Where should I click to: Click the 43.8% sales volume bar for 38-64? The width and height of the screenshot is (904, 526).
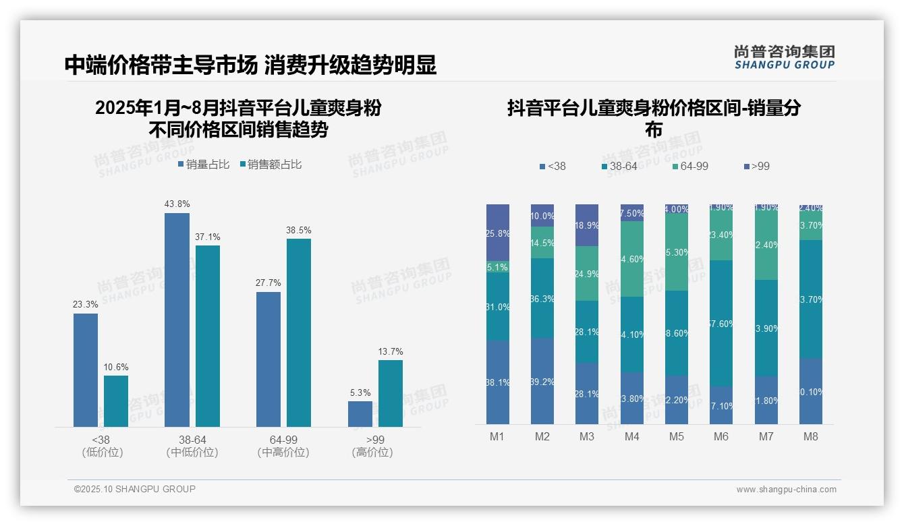[x=177, y=320]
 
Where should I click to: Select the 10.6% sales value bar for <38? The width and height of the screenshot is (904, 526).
[x=116, y=401]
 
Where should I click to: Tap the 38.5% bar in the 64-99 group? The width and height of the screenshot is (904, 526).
[x=299, y=332]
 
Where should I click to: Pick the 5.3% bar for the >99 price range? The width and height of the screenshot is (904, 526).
[x=360, y=414]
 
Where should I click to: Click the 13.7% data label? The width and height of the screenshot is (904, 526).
[x=391, y=351]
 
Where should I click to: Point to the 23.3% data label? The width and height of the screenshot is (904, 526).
[x=86, y=305]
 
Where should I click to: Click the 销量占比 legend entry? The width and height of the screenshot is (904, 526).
[x=204, y=165]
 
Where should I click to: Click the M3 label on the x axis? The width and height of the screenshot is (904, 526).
[x=587, y=436]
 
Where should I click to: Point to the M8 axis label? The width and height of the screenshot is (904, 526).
[x=811, y=436]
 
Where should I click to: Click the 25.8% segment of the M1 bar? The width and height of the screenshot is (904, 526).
[x=498, y=233]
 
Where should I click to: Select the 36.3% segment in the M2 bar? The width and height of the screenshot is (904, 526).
[x=542, y=298]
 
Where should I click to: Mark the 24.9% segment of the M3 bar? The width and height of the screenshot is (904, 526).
[x=587, y=273]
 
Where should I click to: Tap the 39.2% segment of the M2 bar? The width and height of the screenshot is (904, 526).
[x=542, y=381]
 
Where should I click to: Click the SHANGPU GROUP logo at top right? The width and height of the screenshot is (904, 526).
[x=784, y=57]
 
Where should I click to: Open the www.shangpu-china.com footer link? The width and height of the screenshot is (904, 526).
[x=786, y=490]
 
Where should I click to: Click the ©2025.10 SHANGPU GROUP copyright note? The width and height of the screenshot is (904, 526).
[x=135, y=489]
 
